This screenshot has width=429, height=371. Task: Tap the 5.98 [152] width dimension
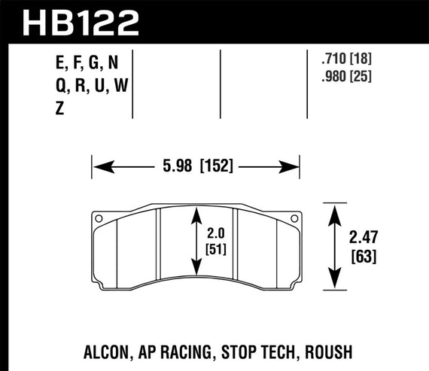(x=194, y=166)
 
